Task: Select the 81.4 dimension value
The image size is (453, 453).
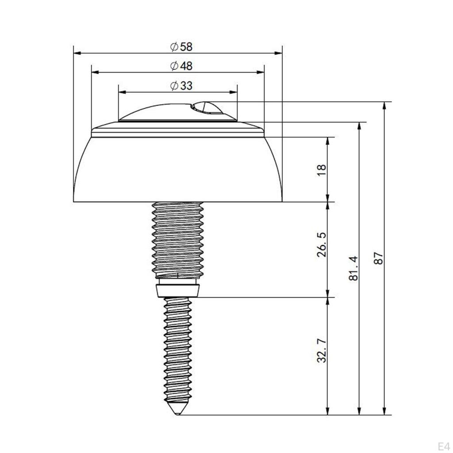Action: pyautogui.click(x=353, y=269)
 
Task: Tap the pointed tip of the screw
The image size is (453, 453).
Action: pyautogui.click(x=177, y=414)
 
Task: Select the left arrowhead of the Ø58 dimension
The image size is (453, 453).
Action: pyautogui.click(x=76, y=53)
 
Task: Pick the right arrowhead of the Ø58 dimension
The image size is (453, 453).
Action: pyautogui.click(x=279, y=53)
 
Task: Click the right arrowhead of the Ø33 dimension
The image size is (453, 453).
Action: pyautogui.click(x=234, y=92)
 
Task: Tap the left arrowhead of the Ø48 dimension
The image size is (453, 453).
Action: pyautogui.click(x=94, y=73)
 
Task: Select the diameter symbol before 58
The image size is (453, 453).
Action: pyautogui.click(x=174, y=46)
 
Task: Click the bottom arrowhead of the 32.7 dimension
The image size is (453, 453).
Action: pyautogui.click(x=328, y=412)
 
